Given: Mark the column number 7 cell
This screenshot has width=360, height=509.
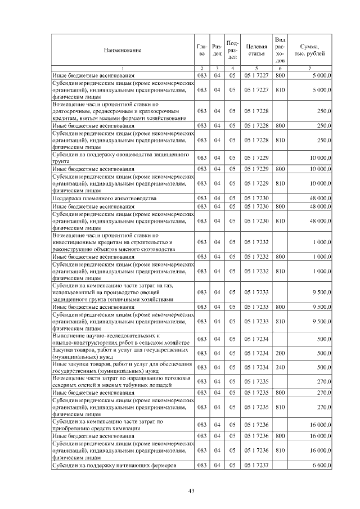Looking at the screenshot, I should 310,68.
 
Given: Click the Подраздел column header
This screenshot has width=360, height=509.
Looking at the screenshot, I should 232,51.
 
